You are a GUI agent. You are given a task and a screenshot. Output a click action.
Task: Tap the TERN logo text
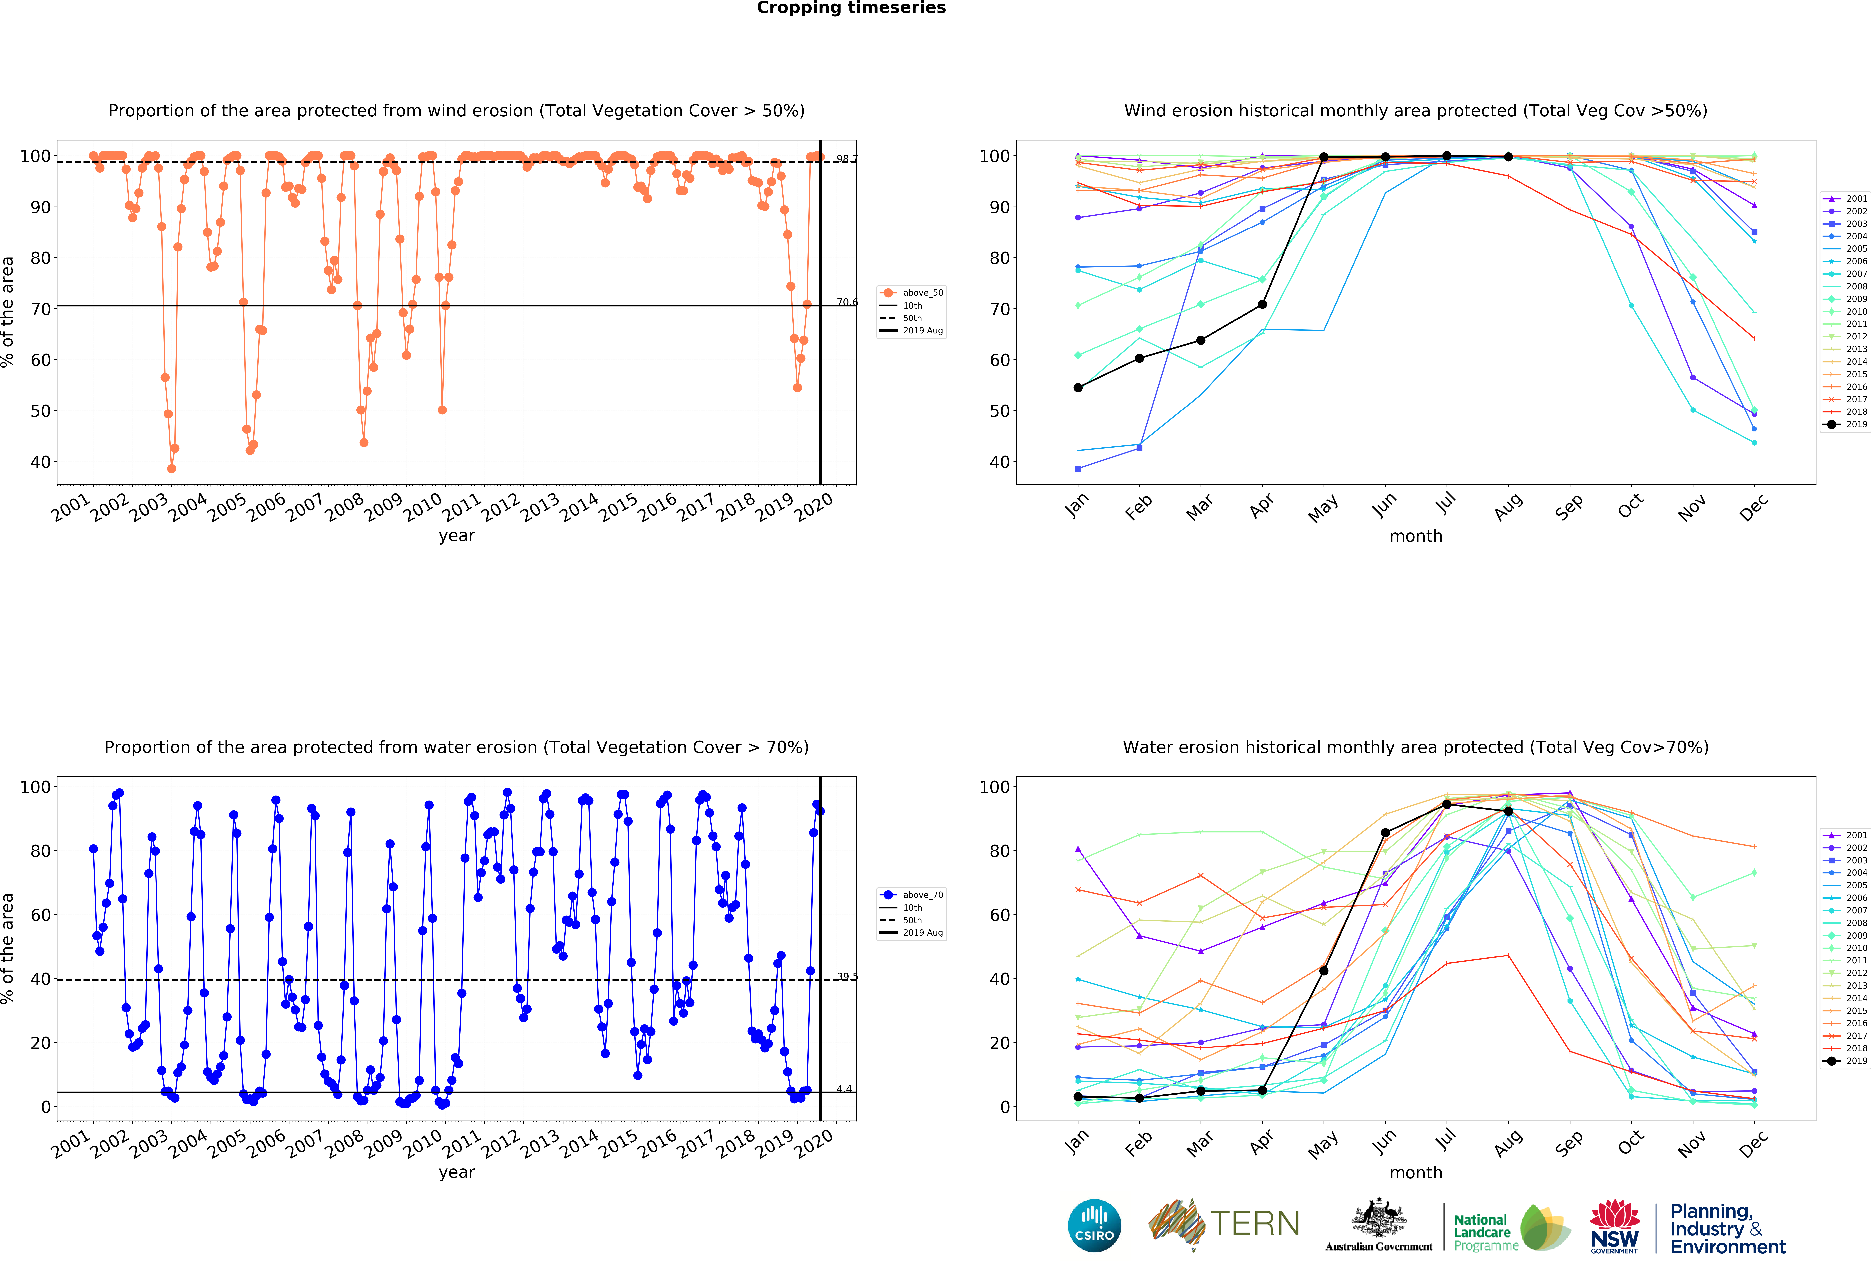tap(1254, 1224)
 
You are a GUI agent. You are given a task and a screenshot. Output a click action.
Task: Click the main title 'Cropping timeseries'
tap(851, 8)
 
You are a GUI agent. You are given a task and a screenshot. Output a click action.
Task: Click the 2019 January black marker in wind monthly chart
tap(1078, 388)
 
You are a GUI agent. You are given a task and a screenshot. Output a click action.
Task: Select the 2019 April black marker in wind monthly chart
tap(1262, 304)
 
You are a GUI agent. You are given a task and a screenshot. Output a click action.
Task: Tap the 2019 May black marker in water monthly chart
tap(1323, 971)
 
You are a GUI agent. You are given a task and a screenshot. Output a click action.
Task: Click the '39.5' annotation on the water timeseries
tap(846, 976)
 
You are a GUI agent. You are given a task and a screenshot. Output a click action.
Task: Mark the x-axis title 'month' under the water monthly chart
tap(1415, 1172)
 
